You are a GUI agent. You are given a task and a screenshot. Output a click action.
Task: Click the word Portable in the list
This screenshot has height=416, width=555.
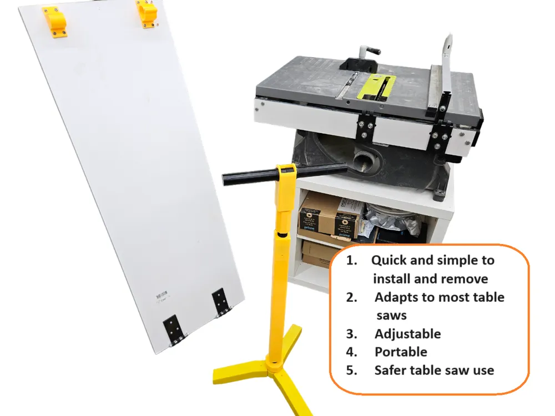401,352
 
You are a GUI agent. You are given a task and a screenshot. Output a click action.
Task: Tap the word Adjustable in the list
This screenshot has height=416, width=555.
408,334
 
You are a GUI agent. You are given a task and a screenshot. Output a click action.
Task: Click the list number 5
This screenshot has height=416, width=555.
351,371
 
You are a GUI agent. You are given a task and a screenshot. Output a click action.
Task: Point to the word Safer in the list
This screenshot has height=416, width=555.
391,371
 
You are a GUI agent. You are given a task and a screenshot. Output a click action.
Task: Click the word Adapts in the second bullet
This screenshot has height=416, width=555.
396,297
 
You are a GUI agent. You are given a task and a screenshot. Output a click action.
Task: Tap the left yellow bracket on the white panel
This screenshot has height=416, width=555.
55,21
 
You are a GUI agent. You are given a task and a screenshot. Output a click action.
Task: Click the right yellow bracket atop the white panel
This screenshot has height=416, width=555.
147,13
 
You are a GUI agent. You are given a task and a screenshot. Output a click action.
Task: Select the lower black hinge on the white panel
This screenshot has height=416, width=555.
174,329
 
